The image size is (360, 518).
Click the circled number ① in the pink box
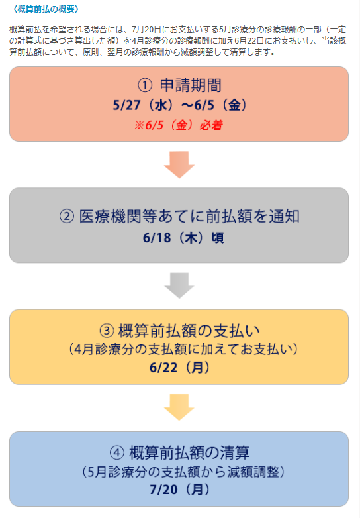pyautogui.click(x=145, y=85)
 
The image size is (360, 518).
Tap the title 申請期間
pyautogui.click(x=191, y=85)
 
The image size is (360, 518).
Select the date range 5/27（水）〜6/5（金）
pyautogui.click(x=179, y=105)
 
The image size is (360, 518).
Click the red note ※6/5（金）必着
pyautogui.click(x=179, y=125)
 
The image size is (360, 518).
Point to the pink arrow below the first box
pyautogui.click(x=179, y=164)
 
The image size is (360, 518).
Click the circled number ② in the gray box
pyautogui.click(x=67, y=217)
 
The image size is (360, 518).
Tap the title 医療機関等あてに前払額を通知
pyautogui.click(x=189, y=217)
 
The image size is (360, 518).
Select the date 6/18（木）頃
pyautogui.click(x=183, y=238)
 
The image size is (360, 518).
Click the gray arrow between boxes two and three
pyautogui.click(x=179, y=285)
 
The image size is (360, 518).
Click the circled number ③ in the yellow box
pyautogui.click(x=107, y=331)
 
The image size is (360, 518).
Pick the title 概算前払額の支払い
pyautogui.click(x=189, y=331)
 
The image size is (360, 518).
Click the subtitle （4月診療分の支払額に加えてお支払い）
pyautogui.click(x=183, y=349)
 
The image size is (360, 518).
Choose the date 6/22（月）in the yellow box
pyautogui.click(x=179, y=367)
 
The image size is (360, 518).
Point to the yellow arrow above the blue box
pyautogui.click(x=179, y=407)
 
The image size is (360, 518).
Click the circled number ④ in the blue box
pyautogui.click(x=117, y=452)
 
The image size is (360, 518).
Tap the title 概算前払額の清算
pyautogui.click(x=189, y=452)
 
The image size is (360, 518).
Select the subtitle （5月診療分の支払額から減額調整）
pyautogui.click(x=183, y=472)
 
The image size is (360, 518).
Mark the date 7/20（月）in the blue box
pyautogui.click(x=179, y=490)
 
